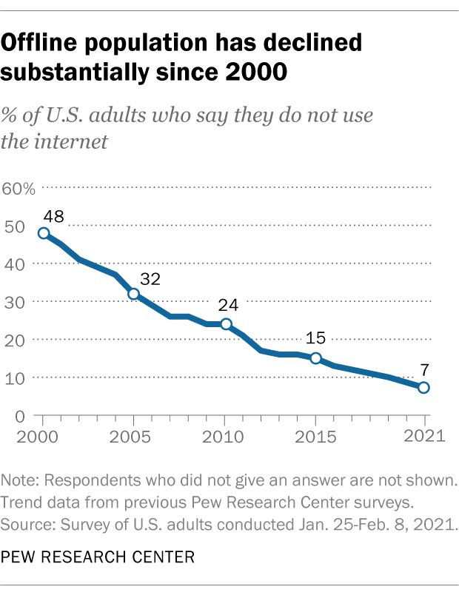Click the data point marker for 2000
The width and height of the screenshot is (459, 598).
(x=44, y=233)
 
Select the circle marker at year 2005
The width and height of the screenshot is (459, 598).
(x=134, y=294)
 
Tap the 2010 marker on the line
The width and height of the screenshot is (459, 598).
(x=226, y=324)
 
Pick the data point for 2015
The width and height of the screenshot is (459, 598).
(x=316, y=358)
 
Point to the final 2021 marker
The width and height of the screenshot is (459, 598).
(x=424, y=388)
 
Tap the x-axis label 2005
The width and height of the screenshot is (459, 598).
(x=133, y=435)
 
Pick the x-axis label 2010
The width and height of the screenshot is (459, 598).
(x=225, y=435)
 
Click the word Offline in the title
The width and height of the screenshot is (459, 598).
(x=50, y=44)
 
